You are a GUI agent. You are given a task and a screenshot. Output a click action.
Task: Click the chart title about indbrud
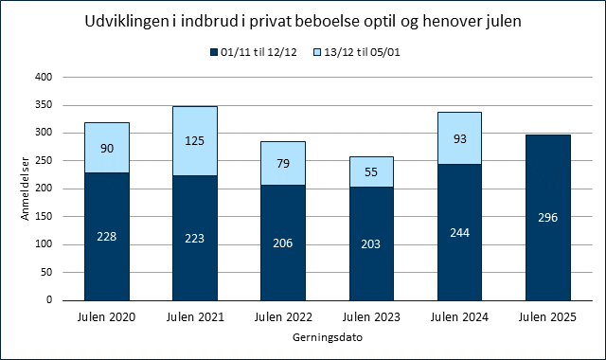pyautogui.click(x=302, y=18)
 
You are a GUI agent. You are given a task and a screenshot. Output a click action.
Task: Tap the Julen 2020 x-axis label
pyautogui.click(x=106, y=317)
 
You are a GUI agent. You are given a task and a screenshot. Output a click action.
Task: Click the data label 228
pyautogui.click(x=106, y=238)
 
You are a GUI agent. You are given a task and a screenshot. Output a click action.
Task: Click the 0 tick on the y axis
pyautogui.click(x=44, y=299)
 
